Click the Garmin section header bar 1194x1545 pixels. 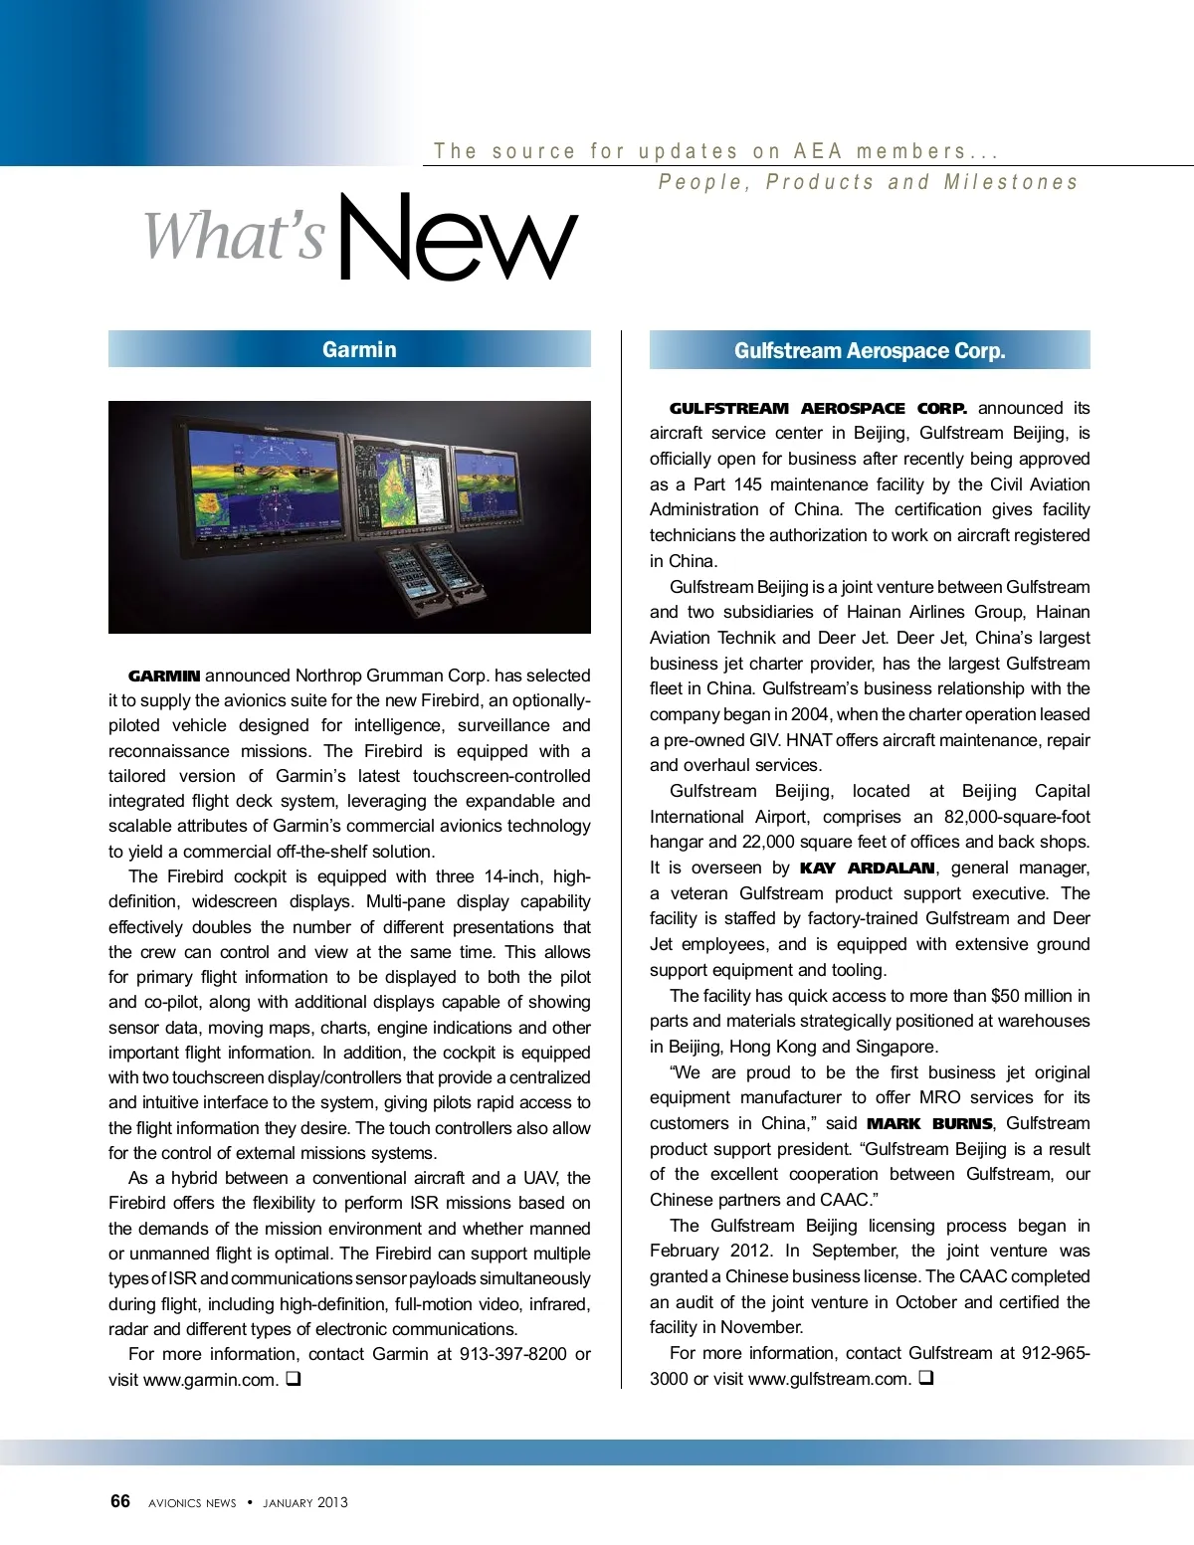pyautogui.click(x=349, y=349)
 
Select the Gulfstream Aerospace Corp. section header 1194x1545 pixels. pyautogui.click(x=870, y=350)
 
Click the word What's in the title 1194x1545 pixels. pyautogui.click(x=235, y=236)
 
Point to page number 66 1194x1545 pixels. pyautogui.click(x=119, y=1501)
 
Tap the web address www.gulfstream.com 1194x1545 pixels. pyautogui.click(x=829, y=1379)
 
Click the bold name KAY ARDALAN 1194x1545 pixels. pyautogui.click(x=867, y=869)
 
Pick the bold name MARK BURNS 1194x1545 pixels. pyautogui.click(x=929, y=1124)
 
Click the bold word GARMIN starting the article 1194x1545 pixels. pyautogui.click(x=164, y=676)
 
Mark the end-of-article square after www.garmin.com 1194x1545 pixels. pyautogui.click(x=294, y=1380)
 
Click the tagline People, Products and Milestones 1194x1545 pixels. pyautogui.click(x=868, y=182)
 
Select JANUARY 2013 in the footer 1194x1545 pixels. pyautogui.click(x=305, y=1502)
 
